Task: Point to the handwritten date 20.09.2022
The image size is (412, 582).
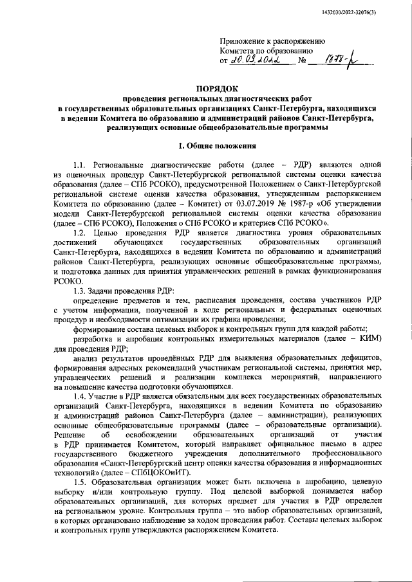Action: click(x=256, y=61)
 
